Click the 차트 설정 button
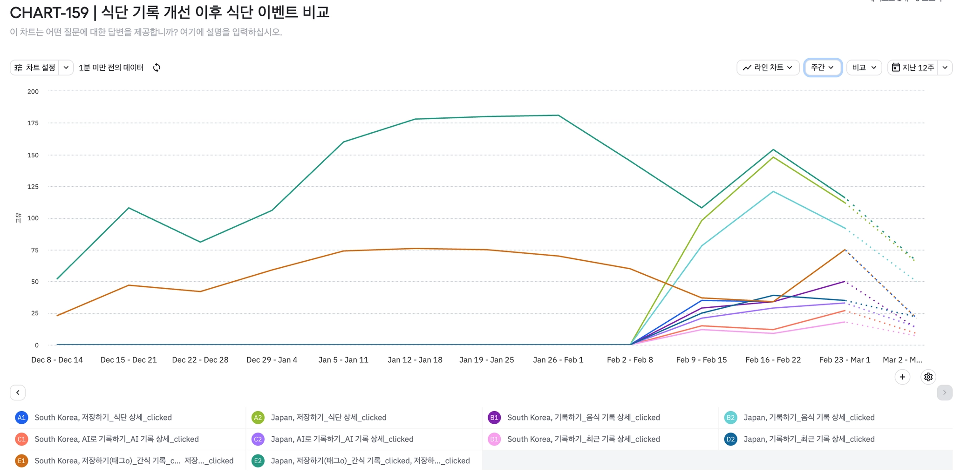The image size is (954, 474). (36, 68)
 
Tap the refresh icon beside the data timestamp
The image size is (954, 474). (157, 68)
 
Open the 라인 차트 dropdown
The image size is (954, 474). (768, 68)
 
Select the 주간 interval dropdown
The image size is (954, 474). (822, 68)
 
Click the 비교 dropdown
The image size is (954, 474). (864, 68)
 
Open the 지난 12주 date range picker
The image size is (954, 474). (913, 68)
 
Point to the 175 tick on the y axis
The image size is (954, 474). (33, 123)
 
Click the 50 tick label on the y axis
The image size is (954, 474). (34, 282)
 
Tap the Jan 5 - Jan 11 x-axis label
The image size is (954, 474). (343, 360)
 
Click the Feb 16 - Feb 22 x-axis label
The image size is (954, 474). (773, 360)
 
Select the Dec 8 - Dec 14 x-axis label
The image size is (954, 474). (57, 360)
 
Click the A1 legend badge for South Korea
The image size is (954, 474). (21, 418)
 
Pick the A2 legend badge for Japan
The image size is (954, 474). (258, 418)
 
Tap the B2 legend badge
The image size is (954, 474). (730, 418)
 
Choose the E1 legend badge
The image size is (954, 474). (21, 461)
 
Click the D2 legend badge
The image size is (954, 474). (730, 439)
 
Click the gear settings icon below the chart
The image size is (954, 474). (928, 377)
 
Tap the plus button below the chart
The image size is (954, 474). (902, 377)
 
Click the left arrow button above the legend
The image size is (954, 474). (18, 393)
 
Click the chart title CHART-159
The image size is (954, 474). (49, 13)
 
